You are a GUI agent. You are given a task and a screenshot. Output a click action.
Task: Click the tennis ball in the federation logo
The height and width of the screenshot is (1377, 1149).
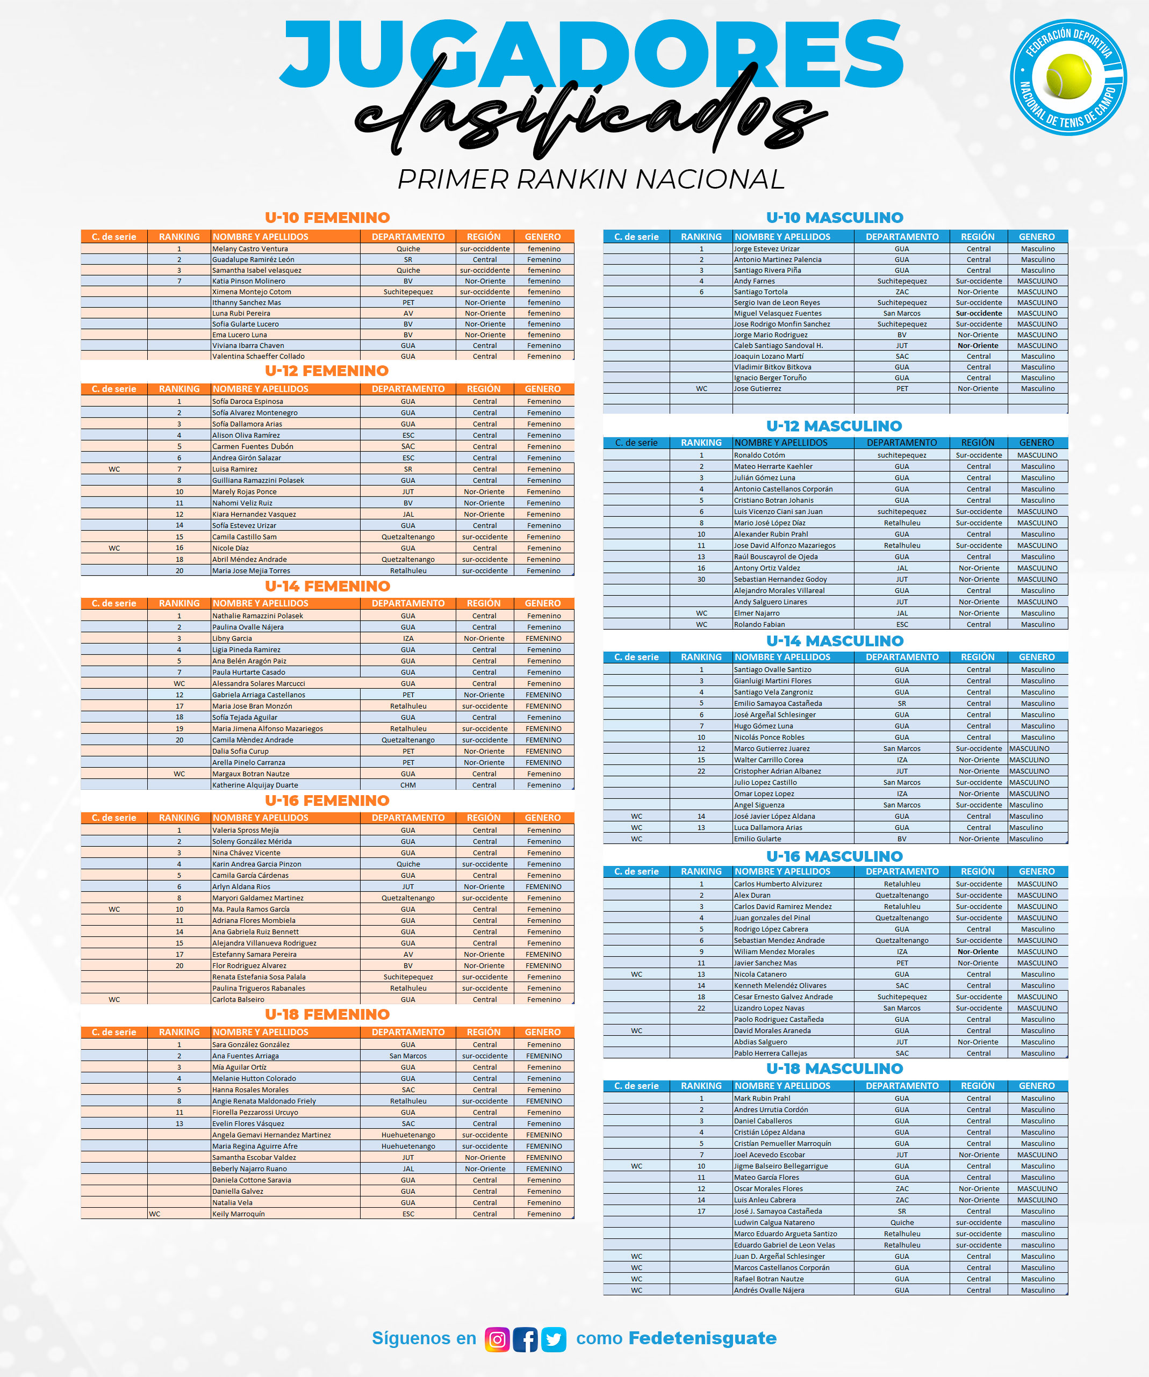[1068, 76]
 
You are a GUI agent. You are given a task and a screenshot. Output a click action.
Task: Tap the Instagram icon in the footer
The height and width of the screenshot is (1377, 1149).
[497, 1339]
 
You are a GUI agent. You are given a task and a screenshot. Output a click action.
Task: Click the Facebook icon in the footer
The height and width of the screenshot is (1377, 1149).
[525, 1339]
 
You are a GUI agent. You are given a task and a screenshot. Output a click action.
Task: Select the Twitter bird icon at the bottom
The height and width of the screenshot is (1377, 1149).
[554, 1339]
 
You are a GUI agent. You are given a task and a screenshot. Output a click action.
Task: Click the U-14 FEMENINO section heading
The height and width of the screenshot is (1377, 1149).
[327, 586]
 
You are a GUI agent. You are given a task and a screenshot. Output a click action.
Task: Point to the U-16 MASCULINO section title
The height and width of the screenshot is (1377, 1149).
[834, 856]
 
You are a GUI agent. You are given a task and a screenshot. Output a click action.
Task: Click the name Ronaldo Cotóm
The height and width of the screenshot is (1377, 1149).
[759, 455]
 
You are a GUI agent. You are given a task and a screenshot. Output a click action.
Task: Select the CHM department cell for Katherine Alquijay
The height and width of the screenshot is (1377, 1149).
[408, 785]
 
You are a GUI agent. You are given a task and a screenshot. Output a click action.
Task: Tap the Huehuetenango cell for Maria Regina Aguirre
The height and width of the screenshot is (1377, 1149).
[408, 1146]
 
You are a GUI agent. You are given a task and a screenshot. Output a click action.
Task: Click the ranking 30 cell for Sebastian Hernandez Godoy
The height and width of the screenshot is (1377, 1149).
[701, 579]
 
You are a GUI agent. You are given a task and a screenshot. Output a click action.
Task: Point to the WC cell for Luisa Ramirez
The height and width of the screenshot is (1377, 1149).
[114, 469]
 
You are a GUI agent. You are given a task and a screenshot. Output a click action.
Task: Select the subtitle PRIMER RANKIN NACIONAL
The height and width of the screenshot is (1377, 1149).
[590, 179]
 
